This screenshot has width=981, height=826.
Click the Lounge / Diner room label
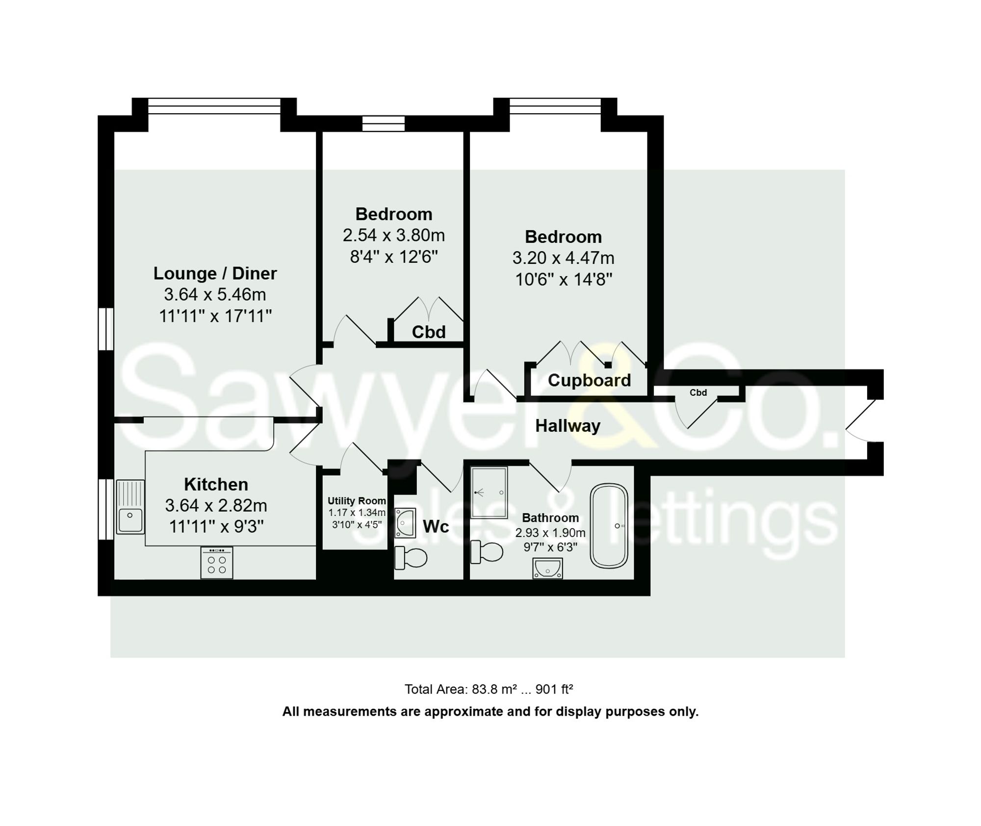215,273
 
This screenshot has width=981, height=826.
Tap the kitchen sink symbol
130,507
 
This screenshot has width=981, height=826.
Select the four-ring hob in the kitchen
216,563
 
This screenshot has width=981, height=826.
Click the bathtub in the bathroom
609,526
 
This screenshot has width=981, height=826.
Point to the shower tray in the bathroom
489,492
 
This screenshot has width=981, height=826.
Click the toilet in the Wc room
411,558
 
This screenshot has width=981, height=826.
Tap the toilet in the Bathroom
487,552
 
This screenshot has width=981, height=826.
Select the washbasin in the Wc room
405,523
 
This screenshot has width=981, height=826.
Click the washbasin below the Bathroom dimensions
547,568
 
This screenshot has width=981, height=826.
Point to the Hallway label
568,426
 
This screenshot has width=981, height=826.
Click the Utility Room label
357,501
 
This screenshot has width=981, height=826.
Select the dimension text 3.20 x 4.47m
563,258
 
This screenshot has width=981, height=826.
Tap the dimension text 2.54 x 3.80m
393,235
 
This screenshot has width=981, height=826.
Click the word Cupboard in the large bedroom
589,380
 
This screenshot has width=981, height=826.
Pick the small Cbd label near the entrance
698,392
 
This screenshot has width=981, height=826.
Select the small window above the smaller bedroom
384,124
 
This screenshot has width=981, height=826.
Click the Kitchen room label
216,484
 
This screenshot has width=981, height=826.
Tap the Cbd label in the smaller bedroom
429,332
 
